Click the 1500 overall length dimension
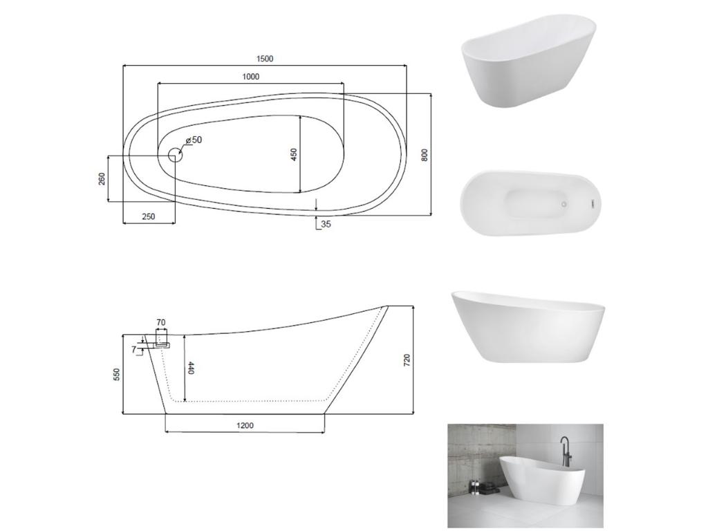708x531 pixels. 264,59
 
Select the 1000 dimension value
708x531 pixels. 250,76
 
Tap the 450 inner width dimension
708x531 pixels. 293,154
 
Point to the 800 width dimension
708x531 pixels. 425,154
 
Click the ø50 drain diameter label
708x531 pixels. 193,140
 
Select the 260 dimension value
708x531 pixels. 102,179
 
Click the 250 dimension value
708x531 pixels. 149,216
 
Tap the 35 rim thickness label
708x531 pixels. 326,224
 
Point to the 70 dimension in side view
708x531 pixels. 160,322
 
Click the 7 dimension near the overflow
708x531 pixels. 133,350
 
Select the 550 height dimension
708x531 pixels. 117,374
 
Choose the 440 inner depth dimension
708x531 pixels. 191,368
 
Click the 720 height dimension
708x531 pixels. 407,360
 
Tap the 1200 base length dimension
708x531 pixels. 245,425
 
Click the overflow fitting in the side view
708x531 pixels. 162,343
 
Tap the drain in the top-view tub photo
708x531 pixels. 563,205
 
